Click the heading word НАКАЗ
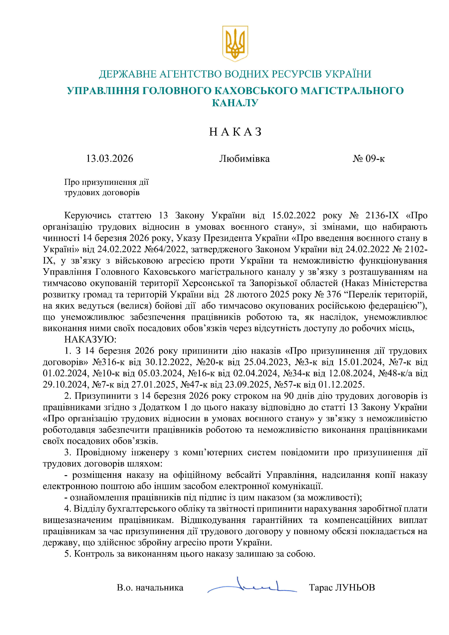[235, 132]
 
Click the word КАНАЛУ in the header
[235, 103]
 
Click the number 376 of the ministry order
[334, 295]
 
